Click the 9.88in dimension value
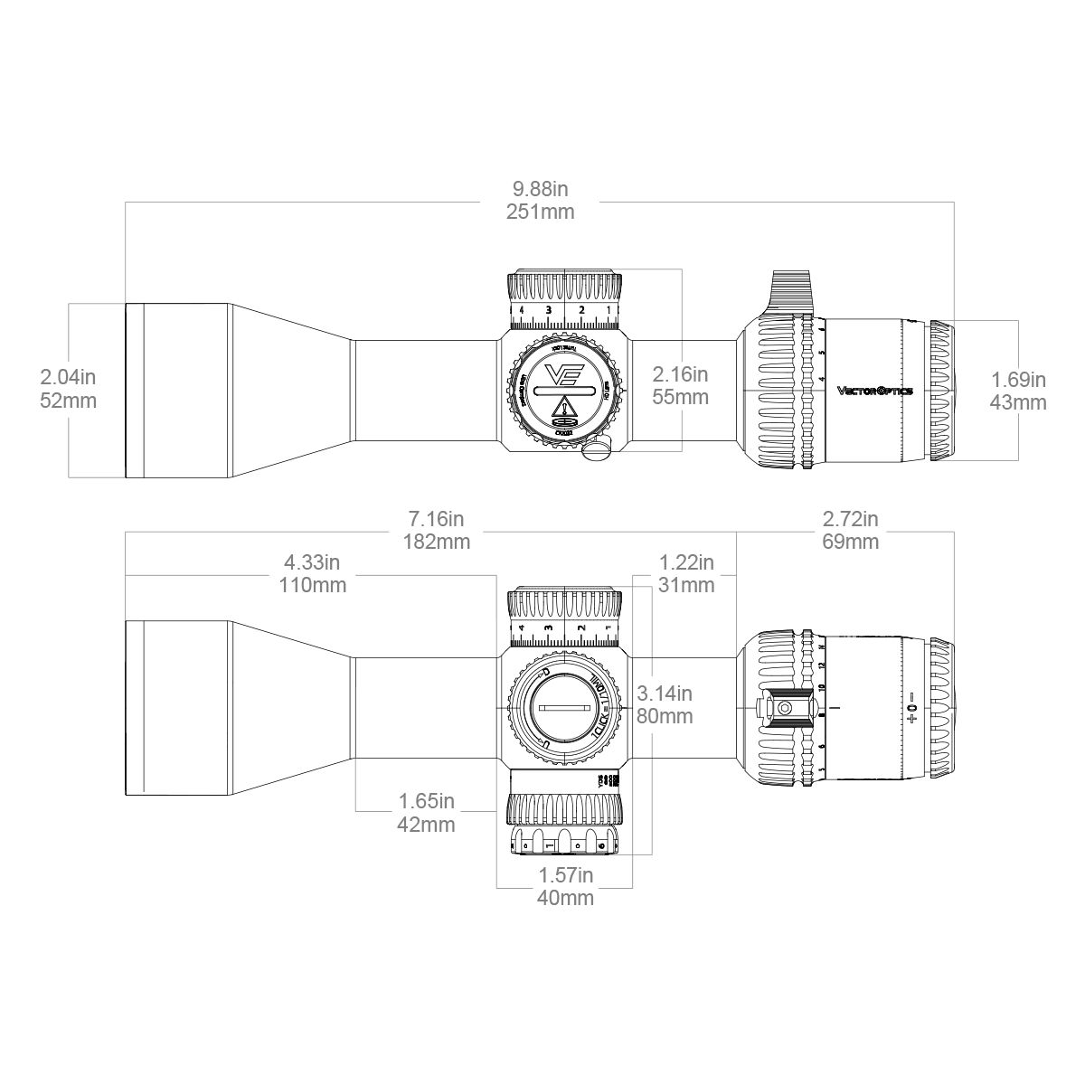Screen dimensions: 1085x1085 [540, 190]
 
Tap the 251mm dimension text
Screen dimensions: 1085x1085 [540, 212]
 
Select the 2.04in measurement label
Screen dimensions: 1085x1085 [69, 377]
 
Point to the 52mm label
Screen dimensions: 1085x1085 [69, 401]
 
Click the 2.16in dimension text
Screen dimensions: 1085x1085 [680, 373]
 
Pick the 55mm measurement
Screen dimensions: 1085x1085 [680, 397]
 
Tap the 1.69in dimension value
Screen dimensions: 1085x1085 [1018, 379]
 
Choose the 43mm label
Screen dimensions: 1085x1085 [1018, 402]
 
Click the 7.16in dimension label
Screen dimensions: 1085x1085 [436, 519]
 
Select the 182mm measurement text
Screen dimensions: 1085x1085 [436, 542]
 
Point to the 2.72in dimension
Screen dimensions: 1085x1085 [850, 519]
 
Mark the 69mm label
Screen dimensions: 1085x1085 [850, 542]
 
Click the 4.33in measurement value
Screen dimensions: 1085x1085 [312, 562]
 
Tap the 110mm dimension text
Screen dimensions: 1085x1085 [312, 585]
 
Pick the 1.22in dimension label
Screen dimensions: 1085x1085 [686, 562]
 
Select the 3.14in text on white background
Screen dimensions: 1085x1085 [665, 694]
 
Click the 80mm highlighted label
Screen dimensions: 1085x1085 [665, 717]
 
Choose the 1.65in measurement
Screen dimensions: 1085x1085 [426, 801]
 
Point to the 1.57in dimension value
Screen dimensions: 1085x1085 [566, 875]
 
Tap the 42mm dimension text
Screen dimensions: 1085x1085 [426, 825]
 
